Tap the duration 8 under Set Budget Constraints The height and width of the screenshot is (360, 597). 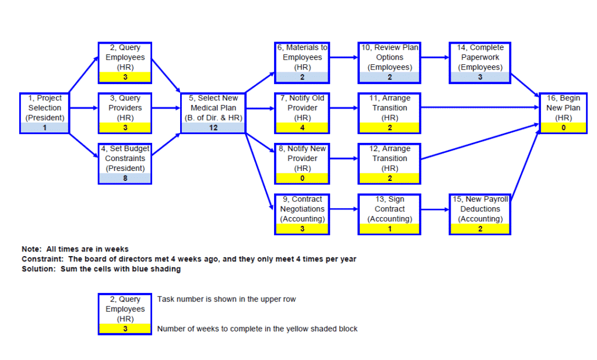125,179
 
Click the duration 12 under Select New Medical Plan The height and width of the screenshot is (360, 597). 213,128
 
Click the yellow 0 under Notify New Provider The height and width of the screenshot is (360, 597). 302,179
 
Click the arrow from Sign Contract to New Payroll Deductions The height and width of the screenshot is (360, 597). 434,209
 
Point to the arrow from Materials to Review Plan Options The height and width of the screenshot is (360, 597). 344,57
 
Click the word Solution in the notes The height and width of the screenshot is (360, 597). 39,269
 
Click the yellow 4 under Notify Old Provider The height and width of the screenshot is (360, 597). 302,128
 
